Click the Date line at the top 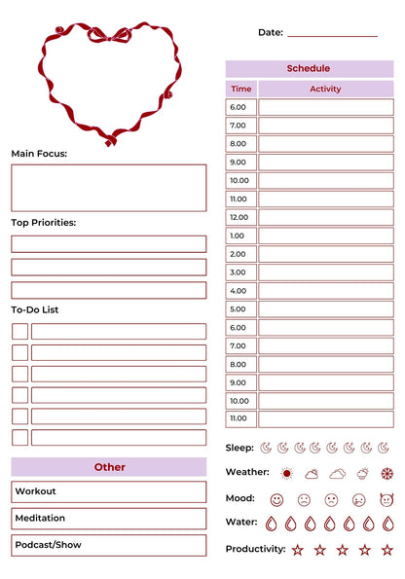pyautogui.click(x=332, y=35)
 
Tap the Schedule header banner pyautogui.click(x=309, y=69)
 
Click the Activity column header pyautogui.click(x=325, y=89)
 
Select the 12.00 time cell pyautogui.click(x=240, y=217)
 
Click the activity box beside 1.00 pyautogui.click(x=325, y=235)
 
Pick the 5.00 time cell pyautogui.click(x=240, y=309)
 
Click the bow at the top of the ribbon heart pyautogui.click(x=110, y=35)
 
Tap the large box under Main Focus pyautogui.click(x=109, y=188)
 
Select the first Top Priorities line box pyautogui.click(x=109, y=243)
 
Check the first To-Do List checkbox pyautogui.click(x=19, y=331)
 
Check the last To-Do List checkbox pyautogui.click(x=19, y=438)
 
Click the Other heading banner pyautogui.click(x=109, y=467)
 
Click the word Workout pyautogui.click(x=36, y=492)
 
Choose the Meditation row pyautogui.click(x=109, y=519)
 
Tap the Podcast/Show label pyautogui.click(x=48, y=545)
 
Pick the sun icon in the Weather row pyautogui.click(x=286, y=474)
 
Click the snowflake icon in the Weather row pyautogui.click(x=387, y=474)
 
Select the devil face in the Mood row pyautogui.click(x=387, y=499)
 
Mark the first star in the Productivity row pyautogui.click(x=297, y=550)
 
